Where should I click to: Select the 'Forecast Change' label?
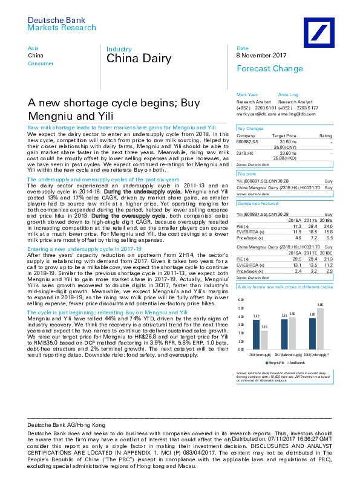261,68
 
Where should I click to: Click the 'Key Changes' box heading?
250,129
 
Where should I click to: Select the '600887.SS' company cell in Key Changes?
246,142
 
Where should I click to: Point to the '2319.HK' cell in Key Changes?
244,153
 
